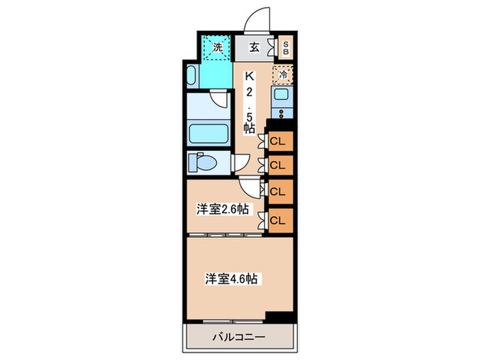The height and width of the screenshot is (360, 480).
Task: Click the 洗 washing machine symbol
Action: coord(216,47)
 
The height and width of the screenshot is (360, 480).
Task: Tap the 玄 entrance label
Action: coord(254,47)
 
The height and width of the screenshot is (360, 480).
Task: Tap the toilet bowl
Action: coord(206,163)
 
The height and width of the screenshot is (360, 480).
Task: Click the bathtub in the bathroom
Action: coord(209,132)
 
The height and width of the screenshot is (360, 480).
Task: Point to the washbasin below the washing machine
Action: coord(192,74)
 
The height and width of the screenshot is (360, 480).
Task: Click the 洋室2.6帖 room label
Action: coord(221,209)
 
